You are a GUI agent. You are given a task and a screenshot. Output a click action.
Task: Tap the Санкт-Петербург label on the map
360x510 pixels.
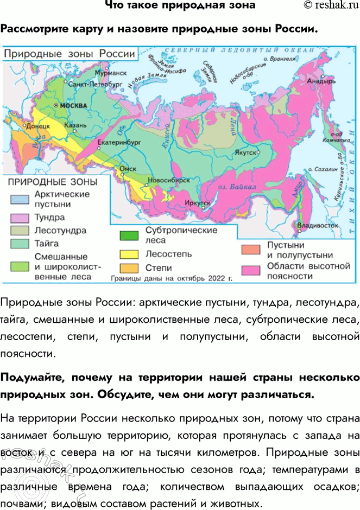[93, 85]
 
